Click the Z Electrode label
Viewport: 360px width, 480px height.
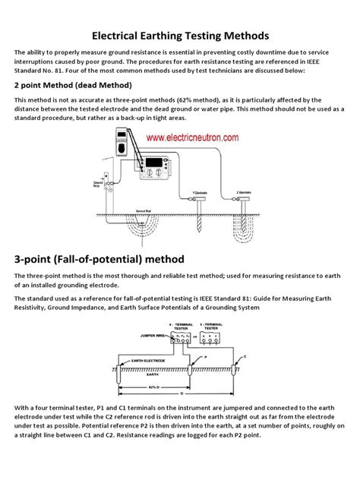click(x=265, y=193)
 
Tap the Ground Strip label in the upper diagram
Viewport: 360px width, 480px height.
click(x=98, y=185)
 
